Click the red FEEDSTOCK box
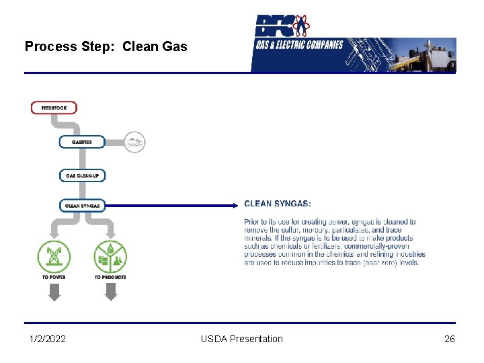[54, 108]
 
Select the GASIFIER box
[82, 142]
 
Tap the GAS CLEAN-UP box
[82, 175]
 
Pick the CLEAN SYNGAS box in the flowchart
[82, 206]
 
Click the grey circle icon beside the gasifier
[134, 142]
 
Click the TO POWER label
[54, 277]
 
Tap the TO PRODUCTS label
[110, 277]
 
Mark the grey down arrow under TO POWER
[54, 292]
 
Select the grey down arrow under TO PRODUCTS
[111, 292]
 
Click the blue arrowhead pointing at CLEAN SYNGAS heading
[234, 204]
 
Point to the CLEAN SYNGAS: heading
[278, 204]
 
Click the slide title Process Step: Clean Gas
[106, 46]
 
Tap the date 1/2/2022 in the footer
[48, 339]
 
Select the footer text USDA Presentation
[242, 339]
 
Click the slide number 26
[450, 339]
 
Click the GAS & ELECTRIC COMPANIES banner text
[299, 46]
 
